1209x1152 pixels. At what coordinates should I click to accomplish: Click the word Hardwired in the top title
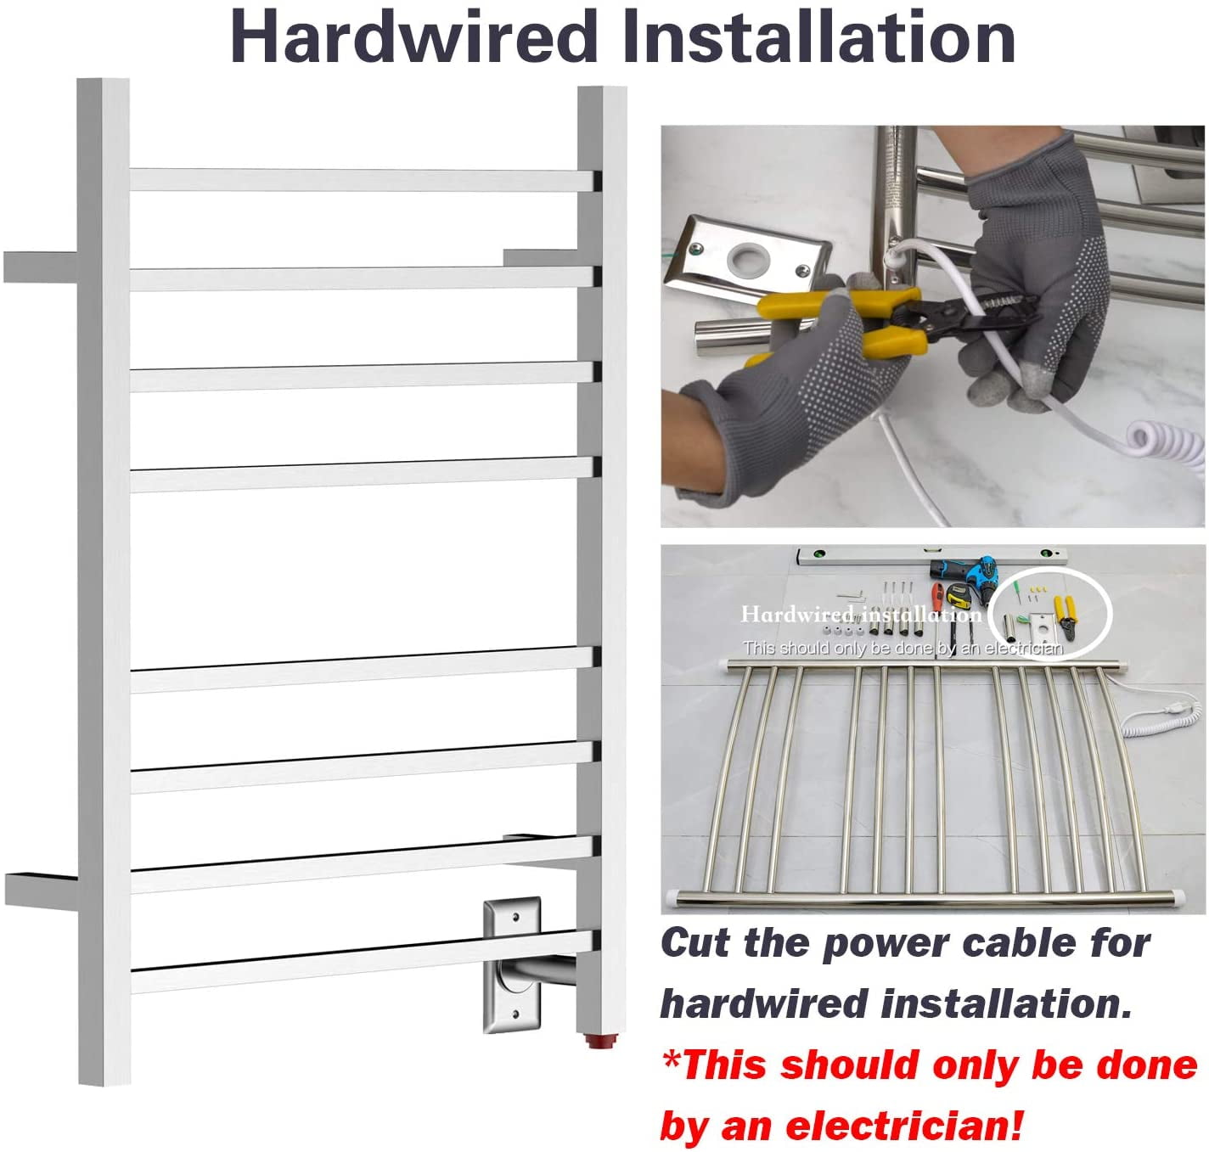pyautogui.click(x=413, y=37)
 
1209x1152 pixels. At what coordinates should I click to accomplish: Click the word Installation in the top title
pyautogui.click(x=818, y=37)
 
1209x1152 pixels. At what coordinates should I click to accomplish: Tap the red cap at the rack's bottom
pyautogui.click(x=601, y=1042)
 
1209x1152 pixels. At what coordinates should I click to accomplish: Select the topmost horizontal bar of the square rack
pyautogui.click(x=363, y=180)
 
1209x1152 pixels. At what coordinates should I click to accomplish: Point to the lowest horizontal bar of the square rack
pyautogui.click(x=363, y=961)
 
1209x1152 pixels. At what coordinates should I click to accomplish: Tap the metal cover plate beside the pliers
pyautogui.click(x=747, y=258)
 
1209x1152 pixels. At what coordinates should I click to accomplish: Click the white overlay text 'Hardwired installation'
pyautogui.click(x=861, y=614)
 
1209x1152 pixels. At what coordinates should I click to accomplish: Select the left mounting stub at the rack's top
pyautogui.click(x=41, y=267)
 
